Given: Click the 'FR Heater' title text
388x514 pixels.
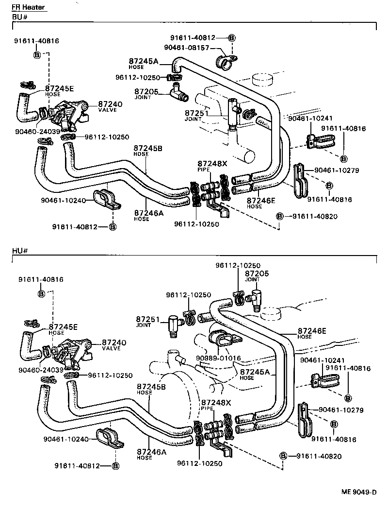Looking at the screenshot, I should (x=29, y=7).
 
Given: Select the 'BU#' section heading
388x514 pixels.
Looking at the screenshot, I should (x=18, y=17).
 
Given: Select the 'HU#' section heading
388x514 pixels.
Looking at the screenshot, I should (x=19, y=251).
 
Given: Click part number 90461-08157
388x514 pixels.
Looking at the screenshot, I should (x=186, y=48).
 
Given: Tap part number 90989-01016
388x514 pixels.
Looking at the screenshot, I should (x=218, y=359).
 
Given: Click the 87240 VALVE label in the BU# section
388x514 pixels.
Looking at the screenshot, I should (x=110, y=106).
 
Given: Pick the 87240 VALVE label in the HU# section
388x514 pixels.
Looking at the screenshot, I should (x=113, y=344).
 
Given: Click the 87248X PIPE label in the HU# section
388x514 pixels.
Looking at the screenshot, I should (x=216, y=405).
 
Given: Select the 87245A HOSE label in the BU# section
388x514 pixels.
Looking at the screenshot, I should (x=144, y=63).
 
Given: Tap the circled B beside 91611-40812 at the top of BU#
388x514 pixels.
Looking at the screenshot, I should (x=231, y=37).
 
